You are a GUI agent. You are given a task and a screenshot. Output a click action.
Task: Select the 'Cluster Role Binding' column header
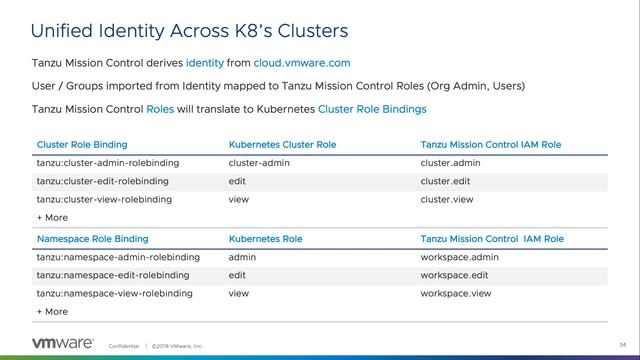click(x=82, y=145)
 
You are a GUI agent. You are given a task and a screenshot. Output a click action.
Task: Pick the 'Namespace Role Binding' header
click(x=92, y=239)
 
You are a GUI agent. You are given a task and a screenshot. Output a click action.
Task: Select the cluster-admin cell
click(x=259, y=163)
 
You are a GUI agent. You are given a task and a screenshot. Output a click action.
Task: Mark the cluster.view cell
click(x=449, y=199)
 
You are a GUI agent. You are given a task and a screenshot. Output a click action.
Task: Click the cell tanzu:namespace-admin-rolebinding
click(x=118, y=257)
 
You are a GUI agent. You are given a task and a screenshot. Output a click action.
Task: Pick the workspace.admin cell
click(x=460, y=257)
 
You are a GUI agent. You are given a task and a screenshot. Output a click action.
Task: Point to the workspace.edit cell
click(x=456, y=275)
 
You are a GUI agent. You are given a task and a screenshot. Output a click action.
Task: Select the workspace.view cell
click(x=457, y=293)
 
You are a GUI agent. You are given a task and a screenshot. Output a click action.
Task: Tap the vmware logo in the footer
click(x=63, y=343)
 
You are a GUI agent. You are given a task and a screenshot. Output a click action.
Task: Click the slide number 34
click(x=608, y=345)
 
